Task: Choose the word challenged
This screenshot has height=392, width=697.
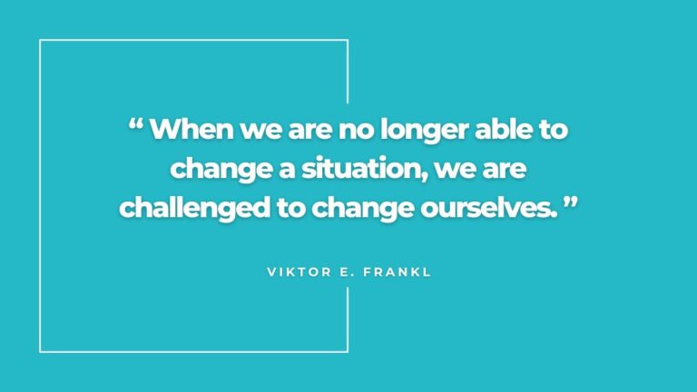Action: [195, 208]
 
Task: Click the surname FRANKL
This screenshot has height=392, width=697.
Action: [396, 272]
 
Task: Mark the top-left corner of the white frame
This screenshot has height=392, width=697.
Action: [41, 41]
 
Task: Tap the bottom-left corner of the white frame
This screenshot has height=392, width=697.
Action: [41, 350]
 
